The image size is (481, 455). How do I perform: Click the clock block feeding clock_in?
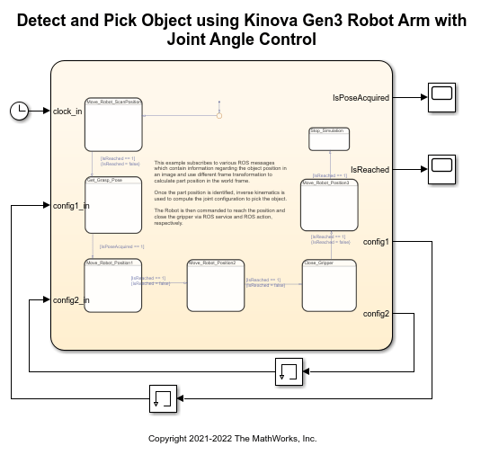click(x=19, y=111)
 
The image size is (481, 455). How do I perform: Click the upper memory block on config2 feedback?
click(x=289, y=370)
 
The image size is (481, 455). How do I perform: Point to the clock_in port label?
click(x=67, y=112)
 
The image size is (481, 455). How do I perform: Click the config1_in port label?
click(x=71, y=206)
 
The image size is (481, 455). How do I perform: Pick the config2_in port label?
click(x=71, y=300)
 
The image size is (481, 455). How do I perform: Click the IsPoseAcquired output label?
click(x=361, y=97)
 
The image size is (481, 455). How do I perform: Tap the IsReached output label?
click(x=370, y=169)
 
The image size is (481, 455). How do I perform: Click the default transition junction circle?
click(x=218, y=115)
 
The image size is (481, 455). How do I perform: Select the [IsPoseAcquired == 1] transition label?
click(x=122, y=246)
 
